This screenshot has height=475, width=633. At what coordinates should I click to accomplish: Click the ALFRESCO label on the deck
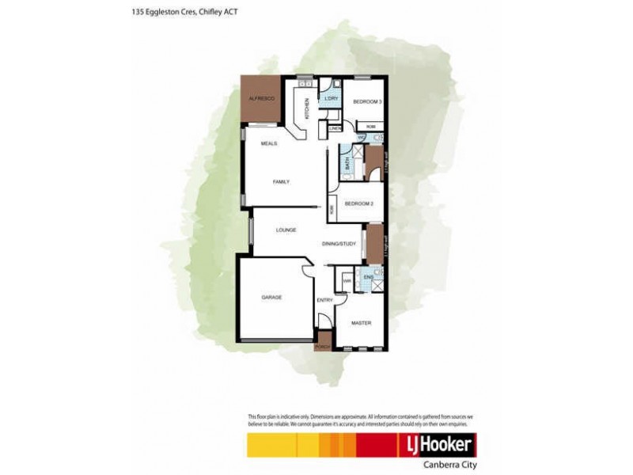(x=261, y=97)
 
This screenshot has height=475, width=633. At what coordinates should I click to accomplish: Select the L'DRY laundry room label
(x=332, y=98)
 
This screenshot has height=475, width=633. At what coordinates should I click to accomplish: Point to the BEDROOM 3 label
(x=367, y=102)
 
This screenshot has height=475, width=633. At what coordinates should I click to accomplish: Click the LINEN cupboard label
(x=335, y=128)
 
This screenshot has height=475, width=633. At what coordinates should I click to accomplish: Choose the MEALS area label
(x=268, y=143)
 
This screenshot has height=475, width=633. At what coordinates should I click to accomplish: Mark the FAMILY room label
(x=281, y=182)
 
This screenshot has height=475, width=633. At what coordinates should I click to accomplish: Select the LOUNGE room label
(x=286, y=230)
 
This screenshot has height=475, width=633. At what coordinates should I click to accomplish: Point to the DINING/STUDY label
(x=339, y=244)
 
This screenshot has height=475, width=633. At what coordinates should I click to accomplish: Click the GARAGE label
(x=272, y=297)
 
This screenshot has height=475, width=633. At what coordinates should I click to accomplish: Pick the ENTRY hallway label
(x=324, y=300)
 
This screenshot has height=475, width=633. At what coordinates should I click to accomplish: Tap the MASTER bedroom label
(x=361, y=323)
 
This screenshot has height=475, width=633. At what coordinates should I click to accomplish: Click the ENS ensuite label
(x=366, y=279)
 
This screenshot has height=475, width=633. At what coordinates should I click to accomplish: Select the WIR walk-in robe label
(x=347, y=280)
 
